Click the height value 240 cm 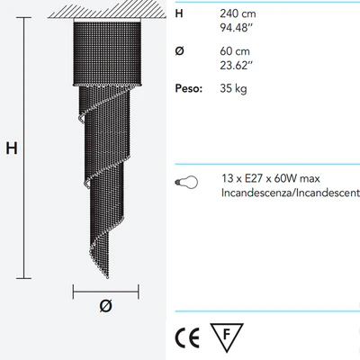tap(238, 13)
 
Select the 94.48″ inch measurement tap(237, 28)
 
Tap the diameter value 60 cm tap(235, 51)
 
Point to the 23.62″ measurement tap(237, 66)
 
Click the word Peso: tap(189, 88)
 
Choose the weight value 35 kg tap(233, 89)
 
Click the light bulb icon tap(186, 182)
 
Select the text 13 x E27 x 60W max tap(271, 178)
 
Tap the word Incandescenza tap(257, 193)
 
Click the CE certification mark tap(187, 337)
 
